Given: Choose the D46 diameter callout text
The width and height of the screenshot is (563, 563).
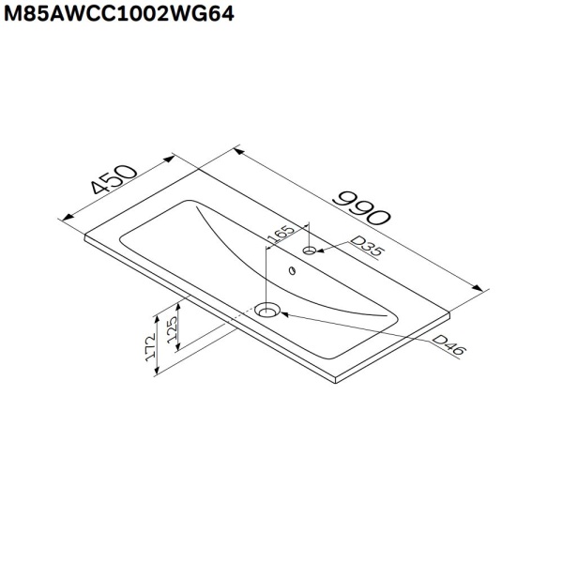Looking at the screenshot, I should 450,344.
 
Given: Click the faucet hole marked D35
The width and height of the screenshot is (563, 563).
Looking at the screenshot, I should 310,251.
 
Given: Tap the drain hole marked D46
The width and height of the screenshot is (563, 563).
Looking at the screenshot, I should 269,309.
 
